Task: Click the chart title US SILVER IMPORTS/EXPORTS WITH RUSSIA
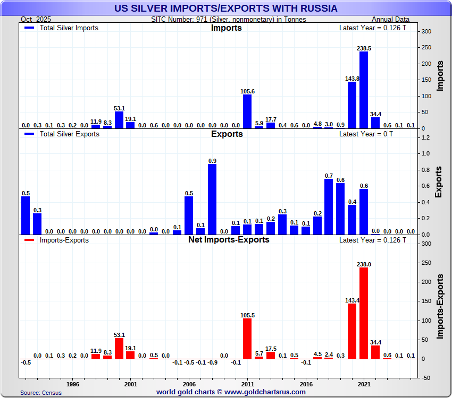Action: (x=226, y=8)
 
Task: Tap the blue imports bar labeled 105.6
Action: (x=247, y=111)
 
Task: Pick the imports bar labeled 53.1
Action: (x=119, y=120)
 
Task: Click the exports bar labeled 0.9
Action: (x=212, y=200)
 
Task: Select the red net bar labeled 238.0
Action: (x=364, y=313)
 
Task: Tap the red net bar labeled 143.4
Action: (x=352, y=331)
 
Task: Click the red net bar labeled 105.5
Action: (x=247, y=339)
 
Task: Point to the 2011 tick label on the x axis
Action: (x=247, y=383)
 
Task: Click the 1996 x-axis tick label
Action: (x=73, y=383)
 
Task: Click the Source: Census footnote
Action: (x=41, y=393)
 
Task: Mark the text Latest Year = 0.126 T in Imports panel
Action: (x=373, y=28)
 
